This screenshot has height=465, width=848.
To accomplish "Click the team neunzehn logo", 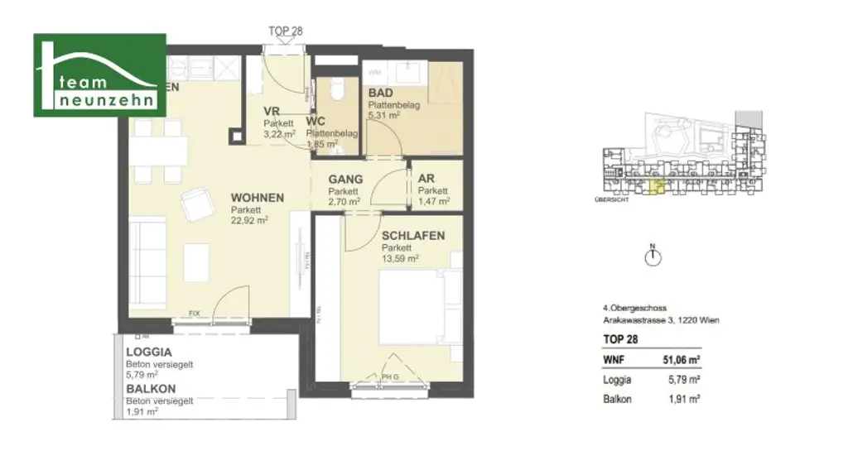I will point(99,75).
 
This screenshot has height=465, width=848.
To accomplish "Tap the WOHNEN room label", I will point(258,199).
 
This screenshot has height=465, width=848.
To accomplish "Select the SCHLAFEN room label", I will point(412,236).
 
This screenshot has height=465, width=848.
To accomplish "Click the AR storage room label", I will point(426,179).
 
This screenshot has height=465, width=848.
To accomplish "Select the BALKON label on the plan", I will point(150,388).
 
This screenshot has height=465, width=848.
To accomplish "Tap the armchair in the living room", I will point(197,203).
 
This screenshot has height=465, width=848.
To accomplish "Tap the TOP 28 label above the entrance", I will point(286,31).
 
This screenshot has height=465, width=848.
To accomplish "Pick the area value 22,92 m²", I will point(249,221).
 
